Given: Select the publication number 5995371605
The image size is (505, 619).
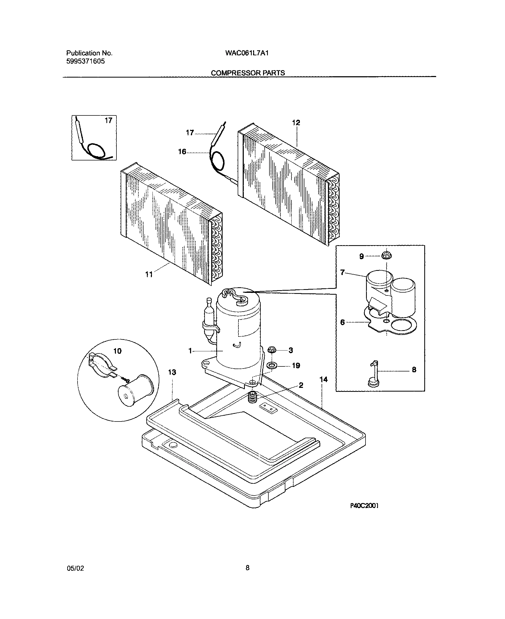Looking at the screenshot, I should coord(85,61).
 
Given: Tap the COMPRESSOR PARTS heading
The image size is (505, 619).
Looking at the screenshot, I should coord(247,73).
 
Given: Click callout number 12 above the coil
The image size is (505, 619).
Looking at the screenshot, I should coord(296,123).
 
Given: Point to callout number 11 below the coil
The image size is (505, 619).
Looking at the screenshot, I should coord(149,275).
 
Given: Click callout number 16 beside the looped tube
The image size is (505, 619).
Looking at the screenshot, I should coord(182,152).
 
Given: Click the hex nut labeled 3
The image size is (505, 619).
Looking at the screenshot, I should coord(271,349).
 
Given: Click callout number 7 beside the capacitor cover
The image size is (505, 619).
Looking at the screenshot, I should coord(342,272).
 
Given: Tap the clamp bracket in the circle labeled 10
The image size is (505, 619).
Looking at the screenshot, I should coord(100,365).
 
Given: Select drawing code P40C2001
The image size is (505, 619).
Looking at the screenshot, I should coord(364,505).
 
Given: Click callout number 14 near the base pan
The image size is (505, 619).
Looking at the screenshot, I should coord(323,379).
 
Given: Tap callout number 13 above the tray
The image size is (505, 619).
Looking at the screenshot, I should coord(172,372).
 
